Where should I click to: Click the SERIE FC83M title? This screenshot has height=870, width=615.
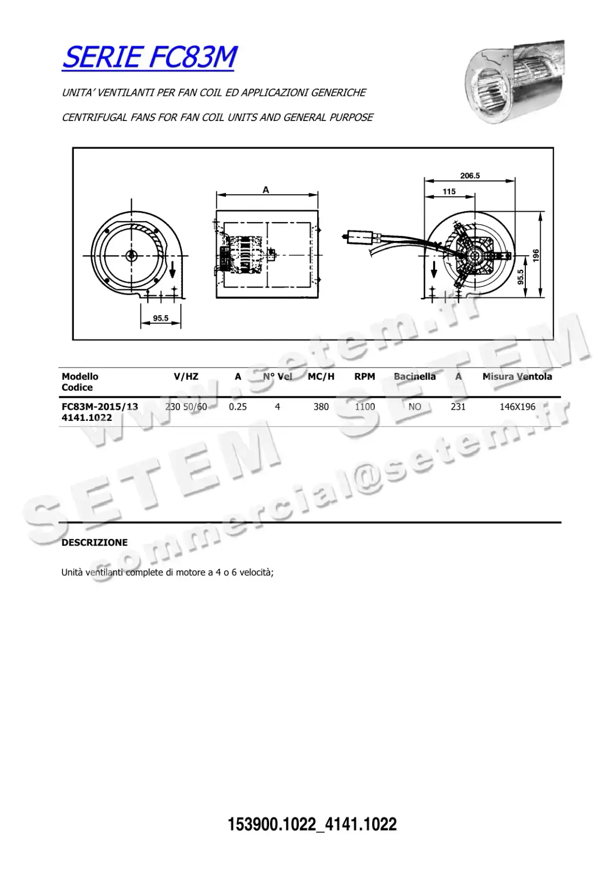[x=149, y=57]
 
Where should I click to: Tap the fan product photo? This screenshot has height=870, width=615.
[x=514, y=82]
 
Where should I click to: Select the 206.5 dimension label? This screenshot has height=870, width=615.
[x=469, y=176]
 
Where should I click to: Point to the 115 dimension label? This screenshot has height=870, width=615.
[x=449, y=192]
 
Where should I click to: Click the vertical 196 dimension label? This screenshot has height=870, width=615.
[x=536, y=255]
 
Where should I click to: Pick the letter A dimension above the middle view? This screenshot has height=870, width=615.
[x=266, y=190]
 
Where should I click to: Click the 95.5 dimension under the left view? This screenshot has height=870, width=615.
[x=160, y=318]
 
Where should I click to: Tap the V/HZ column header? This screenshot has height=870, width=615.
[x=186, y=377]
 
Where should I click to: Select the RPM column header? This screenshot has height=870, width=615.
[x=364, y=377]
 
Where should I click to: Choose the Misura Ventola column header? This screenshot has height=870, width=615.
[x=517, y=377]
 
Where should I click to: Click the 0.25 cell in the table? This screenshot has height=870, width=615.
[x=238, y=407]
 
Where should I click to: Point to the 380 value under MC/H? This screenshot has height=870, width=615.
[x=321, y=407]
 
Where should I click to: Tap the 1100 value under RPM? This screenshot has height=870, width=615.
[x=365, y=407]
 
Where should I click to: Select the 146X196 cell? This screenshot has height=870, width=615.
[x=517, y=407]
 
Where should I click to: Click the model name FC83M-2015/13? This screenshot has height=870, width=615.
[x=100, y=407]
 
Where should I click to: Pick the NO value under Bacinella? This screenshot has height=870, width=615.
[x=415, y=407]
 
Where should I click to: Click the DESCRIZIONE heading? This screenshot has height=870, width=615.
[x=94, y=542]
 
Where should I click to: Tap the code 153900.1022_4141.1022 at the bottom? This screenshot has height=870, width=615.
[x=312, y=824]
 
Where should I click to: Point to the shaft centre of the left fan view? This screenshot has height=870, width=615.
[x=131, y=255]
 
